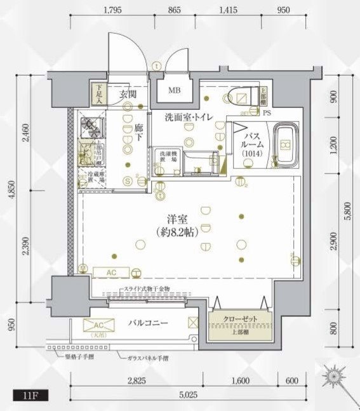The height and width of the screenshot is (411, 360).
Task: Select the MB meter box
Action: tap(174, 90)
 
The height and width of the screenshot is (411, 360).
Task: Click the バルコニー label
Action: tap(147, 323)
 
